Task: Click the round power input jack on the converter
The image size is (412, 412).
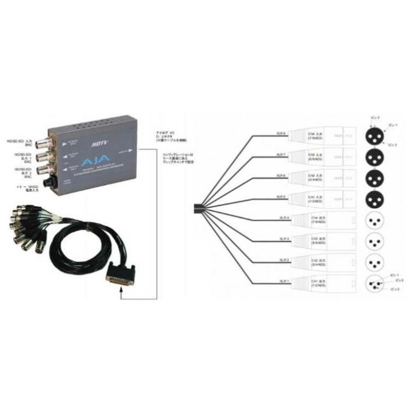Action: click(x=53, y=180)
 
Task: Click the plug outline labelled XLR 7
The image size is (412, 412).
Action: click(x=322, y=156)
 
